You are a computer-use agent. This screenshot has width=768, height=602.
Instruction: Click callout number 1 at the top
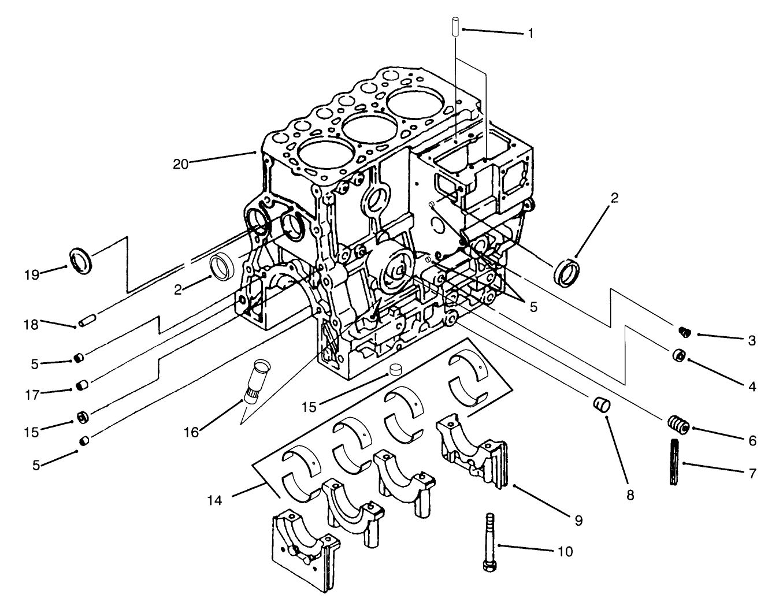[x=529, y=34]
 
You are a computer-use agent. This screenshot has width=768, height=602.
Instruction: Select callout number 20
[x=181, y=164]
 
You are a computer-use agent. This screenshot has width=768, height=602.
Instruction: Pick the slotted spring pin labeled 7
[x=674, y=462]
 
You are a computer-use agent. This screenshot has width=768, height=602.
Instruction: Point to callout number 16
[x=191, y=432]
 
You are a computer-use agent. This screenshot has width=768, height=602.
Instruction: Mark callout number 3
[x=751, y=341]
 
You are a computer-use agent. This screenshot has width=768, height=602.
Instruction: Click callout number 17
[x=32, y=395]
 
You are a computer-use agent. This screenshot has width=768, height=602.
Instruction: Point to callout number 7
[x=751, y=474]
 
